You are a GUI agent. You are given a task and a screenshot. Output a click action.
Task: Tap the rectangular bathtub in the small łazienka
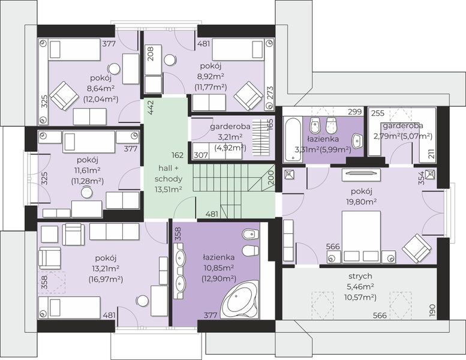[293, 139]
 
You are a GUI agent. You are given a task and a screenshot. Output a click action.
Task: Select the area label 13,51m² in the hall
[168, 189]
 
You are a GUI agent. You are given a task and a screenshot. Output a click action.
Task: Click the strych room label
[360, 276]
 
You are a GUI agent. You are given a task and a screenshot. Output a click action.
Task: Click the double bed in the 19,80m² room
[361, 237]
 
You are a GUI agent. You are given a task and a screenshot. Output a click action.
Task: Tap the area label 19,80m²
[361, 202]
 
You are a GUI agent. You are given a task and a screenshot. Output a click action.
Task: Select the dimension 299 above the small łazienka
[355, 112]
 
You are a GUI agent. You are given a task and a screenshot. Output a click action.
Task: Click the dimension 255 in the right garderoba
[377, 113]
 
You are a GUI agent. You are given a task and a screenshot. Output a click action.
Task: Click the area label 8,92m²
[211, 76]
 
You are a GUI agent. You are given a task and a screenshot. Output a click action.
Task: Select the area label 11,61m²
[87, 170]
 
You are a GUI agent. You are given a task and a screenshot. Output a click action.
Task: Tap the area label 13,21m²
[106, 269]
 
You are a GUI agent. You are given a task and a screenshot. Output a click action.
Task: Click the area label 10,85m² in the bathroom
[218, 268]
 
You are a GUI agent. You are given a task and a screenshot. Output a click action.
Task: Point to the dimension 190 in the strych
[432, 310]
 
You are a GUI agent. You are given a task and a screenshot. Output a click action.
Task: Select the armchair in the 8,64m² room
[64, 96]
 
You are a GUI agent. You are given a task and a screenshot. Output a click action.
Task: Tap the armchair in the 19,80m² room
[416, 248]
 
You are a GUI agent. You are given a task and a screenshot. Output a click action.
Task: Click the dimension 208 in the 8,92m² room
[151, 54]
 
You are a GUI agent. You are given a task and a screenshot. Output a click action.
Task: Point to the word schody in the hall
[168, 179]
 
